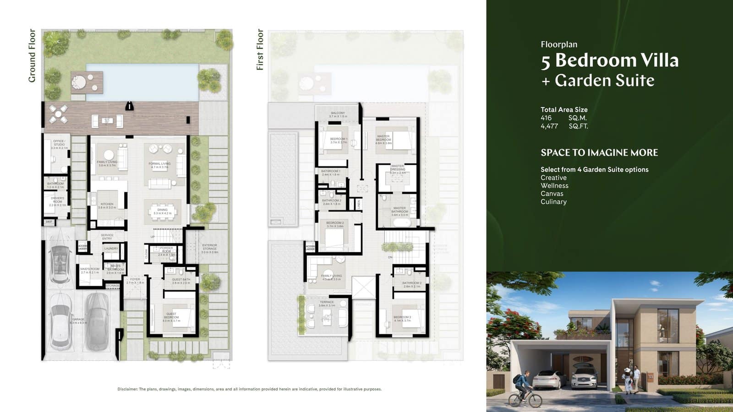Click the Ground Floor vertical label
[x=32, y=55]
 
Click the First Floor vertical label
[x=260, y=49]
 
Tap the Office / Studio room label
[x=59, y=144]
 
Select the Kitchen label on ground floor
[x=107, y=206]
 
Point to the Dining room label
[x=162, y=211]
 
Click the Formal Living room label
[x=159, y=165]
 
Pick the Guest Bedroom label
[x=171, y=317]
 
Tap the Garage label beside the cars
[x=78, y=320]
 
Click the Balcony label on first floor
[x=338, y=114]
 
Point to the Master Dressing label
[x=397, y=169]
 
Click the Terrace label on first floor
[x=327, y=304]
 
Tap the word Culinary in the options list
[x=553, y=201]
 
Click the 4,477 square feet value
[x=549, y=126]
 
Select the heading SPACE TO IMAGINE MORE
[x=599, y=152]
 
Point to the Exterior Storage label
[x=209, y=248]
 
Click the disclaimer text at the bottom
[x=249, y=389]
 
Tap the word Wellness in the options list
[x=554, y=185]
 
